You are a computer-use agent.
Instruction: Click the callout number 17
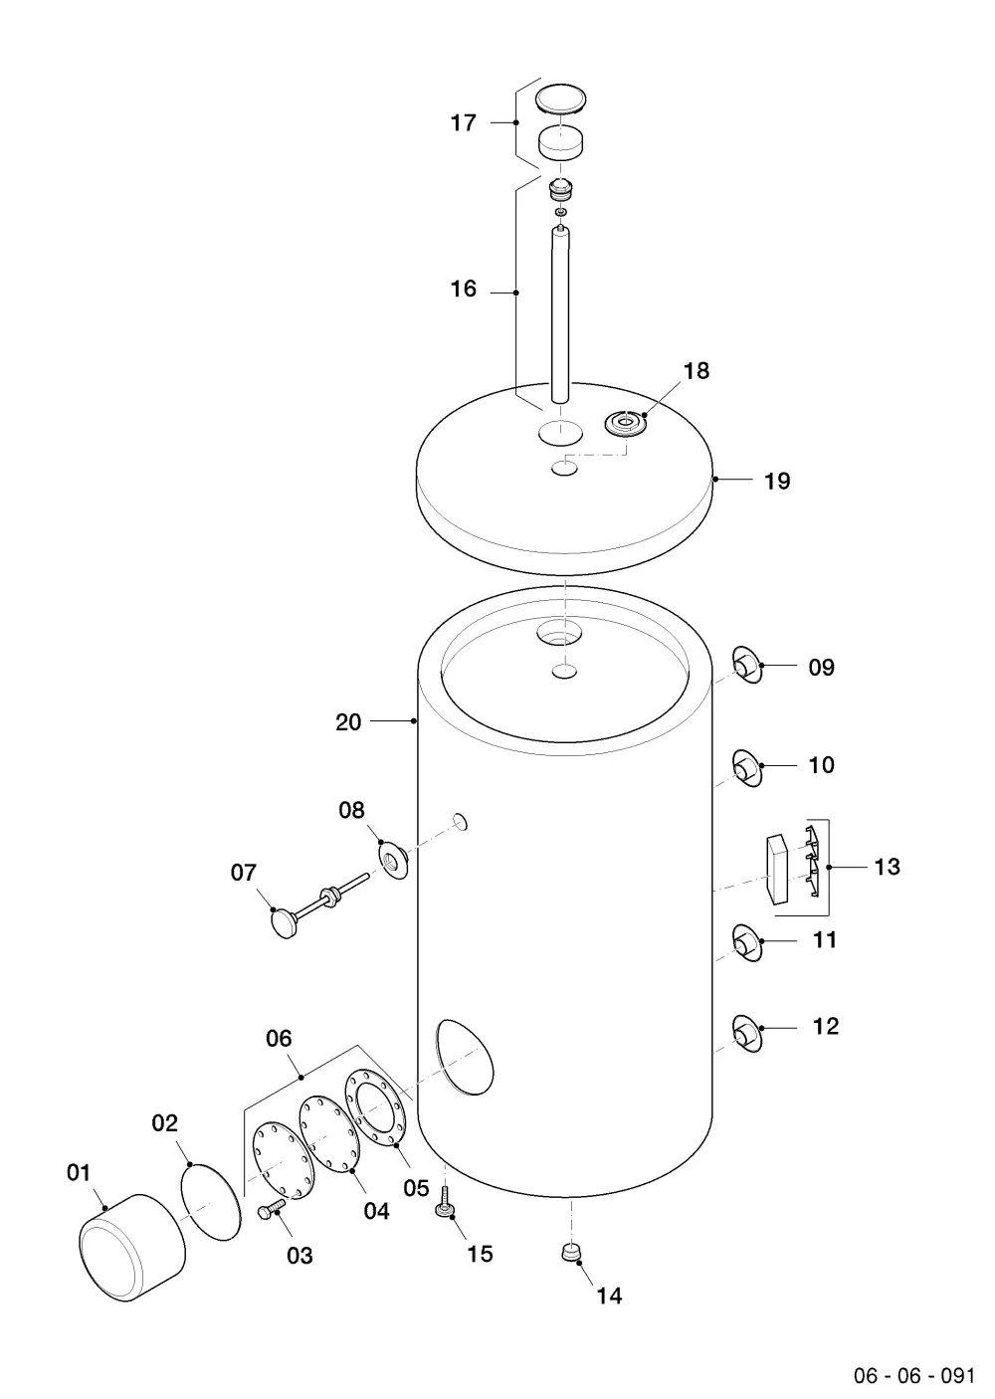(463, 123)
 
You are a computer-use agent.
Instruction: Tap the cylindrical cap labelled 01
(132, 1248)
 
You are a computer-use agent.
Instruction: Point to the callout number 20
(348, 722)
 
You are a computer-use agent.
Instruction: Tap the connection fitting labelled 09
(747, 666)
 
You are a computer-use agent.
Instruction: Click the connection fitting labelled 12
(747, 1035)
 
